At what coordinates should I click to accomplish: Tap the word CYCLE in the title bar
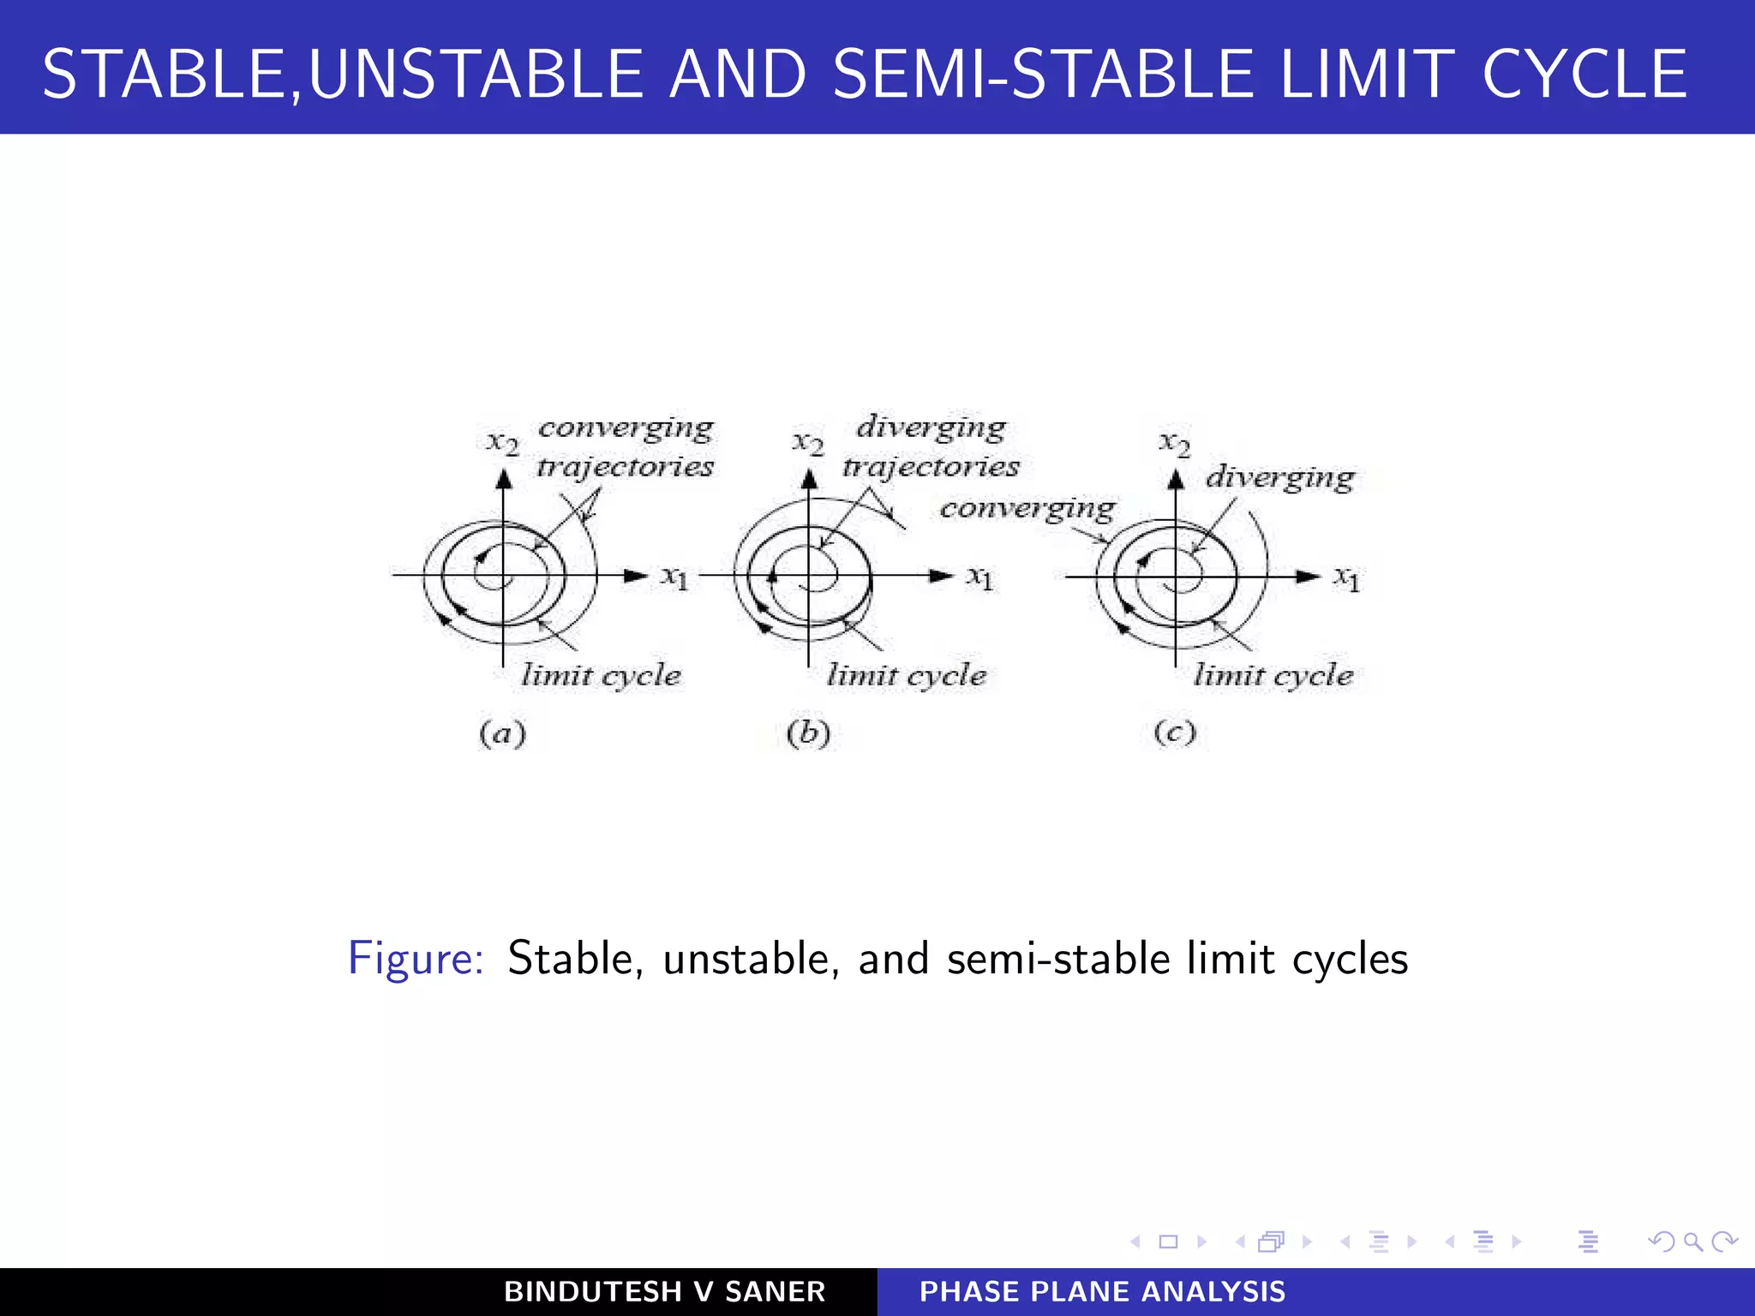pyautogui.click(x=1584, y=75)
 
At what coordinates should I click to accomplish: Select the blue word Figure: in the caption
pyautogui.click(x=416, y=958)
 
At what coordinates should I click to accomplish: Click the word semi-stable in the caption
pyautogui.click(x=1057, y=958)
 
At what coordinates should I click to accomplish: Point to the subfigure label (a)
pyautogui.click(x=502, y=733)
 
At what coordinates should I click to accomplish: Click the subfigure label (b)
pyautogui.click(x=808, y=733)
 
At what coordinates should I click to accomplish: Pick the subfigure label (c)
pyautogui.click(x=1174, y=733)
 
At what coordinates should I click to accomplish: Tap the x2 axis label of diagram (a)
pyautogui.click(x=503, y=443)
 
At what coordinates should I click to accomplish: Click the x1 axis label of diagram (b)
pyautogui.click(x=980, y=578)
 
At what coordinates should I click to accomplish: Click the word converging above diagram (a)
pyautogui.click(x=626, y=428)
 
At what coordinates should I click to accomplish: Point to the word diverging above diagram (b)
pyautogui.click(x=931, y=427)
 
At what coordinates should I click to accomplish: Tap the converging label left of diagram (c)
pyautogui.click(x=1027, y=509)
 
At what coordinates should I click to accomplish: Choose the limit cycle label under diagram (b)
pyautogui.click(x=907, y=676)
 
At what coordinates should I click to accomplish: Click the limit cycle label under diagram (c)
pyautogui.click(x=1273, y=676)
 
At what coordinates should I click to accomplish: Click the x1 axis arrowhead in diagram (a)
pyautogui.click(x=636, y=576)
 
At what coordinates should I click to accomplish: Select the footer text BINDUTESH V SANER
pyautogui.click(x=664, y=1291)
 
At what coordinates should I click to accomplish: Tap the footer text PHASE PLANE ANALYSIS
pyautogui.click(x=1103, y=1291)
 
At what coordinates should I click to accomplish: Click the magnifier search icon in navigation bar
pyautogui.click(x=1693, y=1241)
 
